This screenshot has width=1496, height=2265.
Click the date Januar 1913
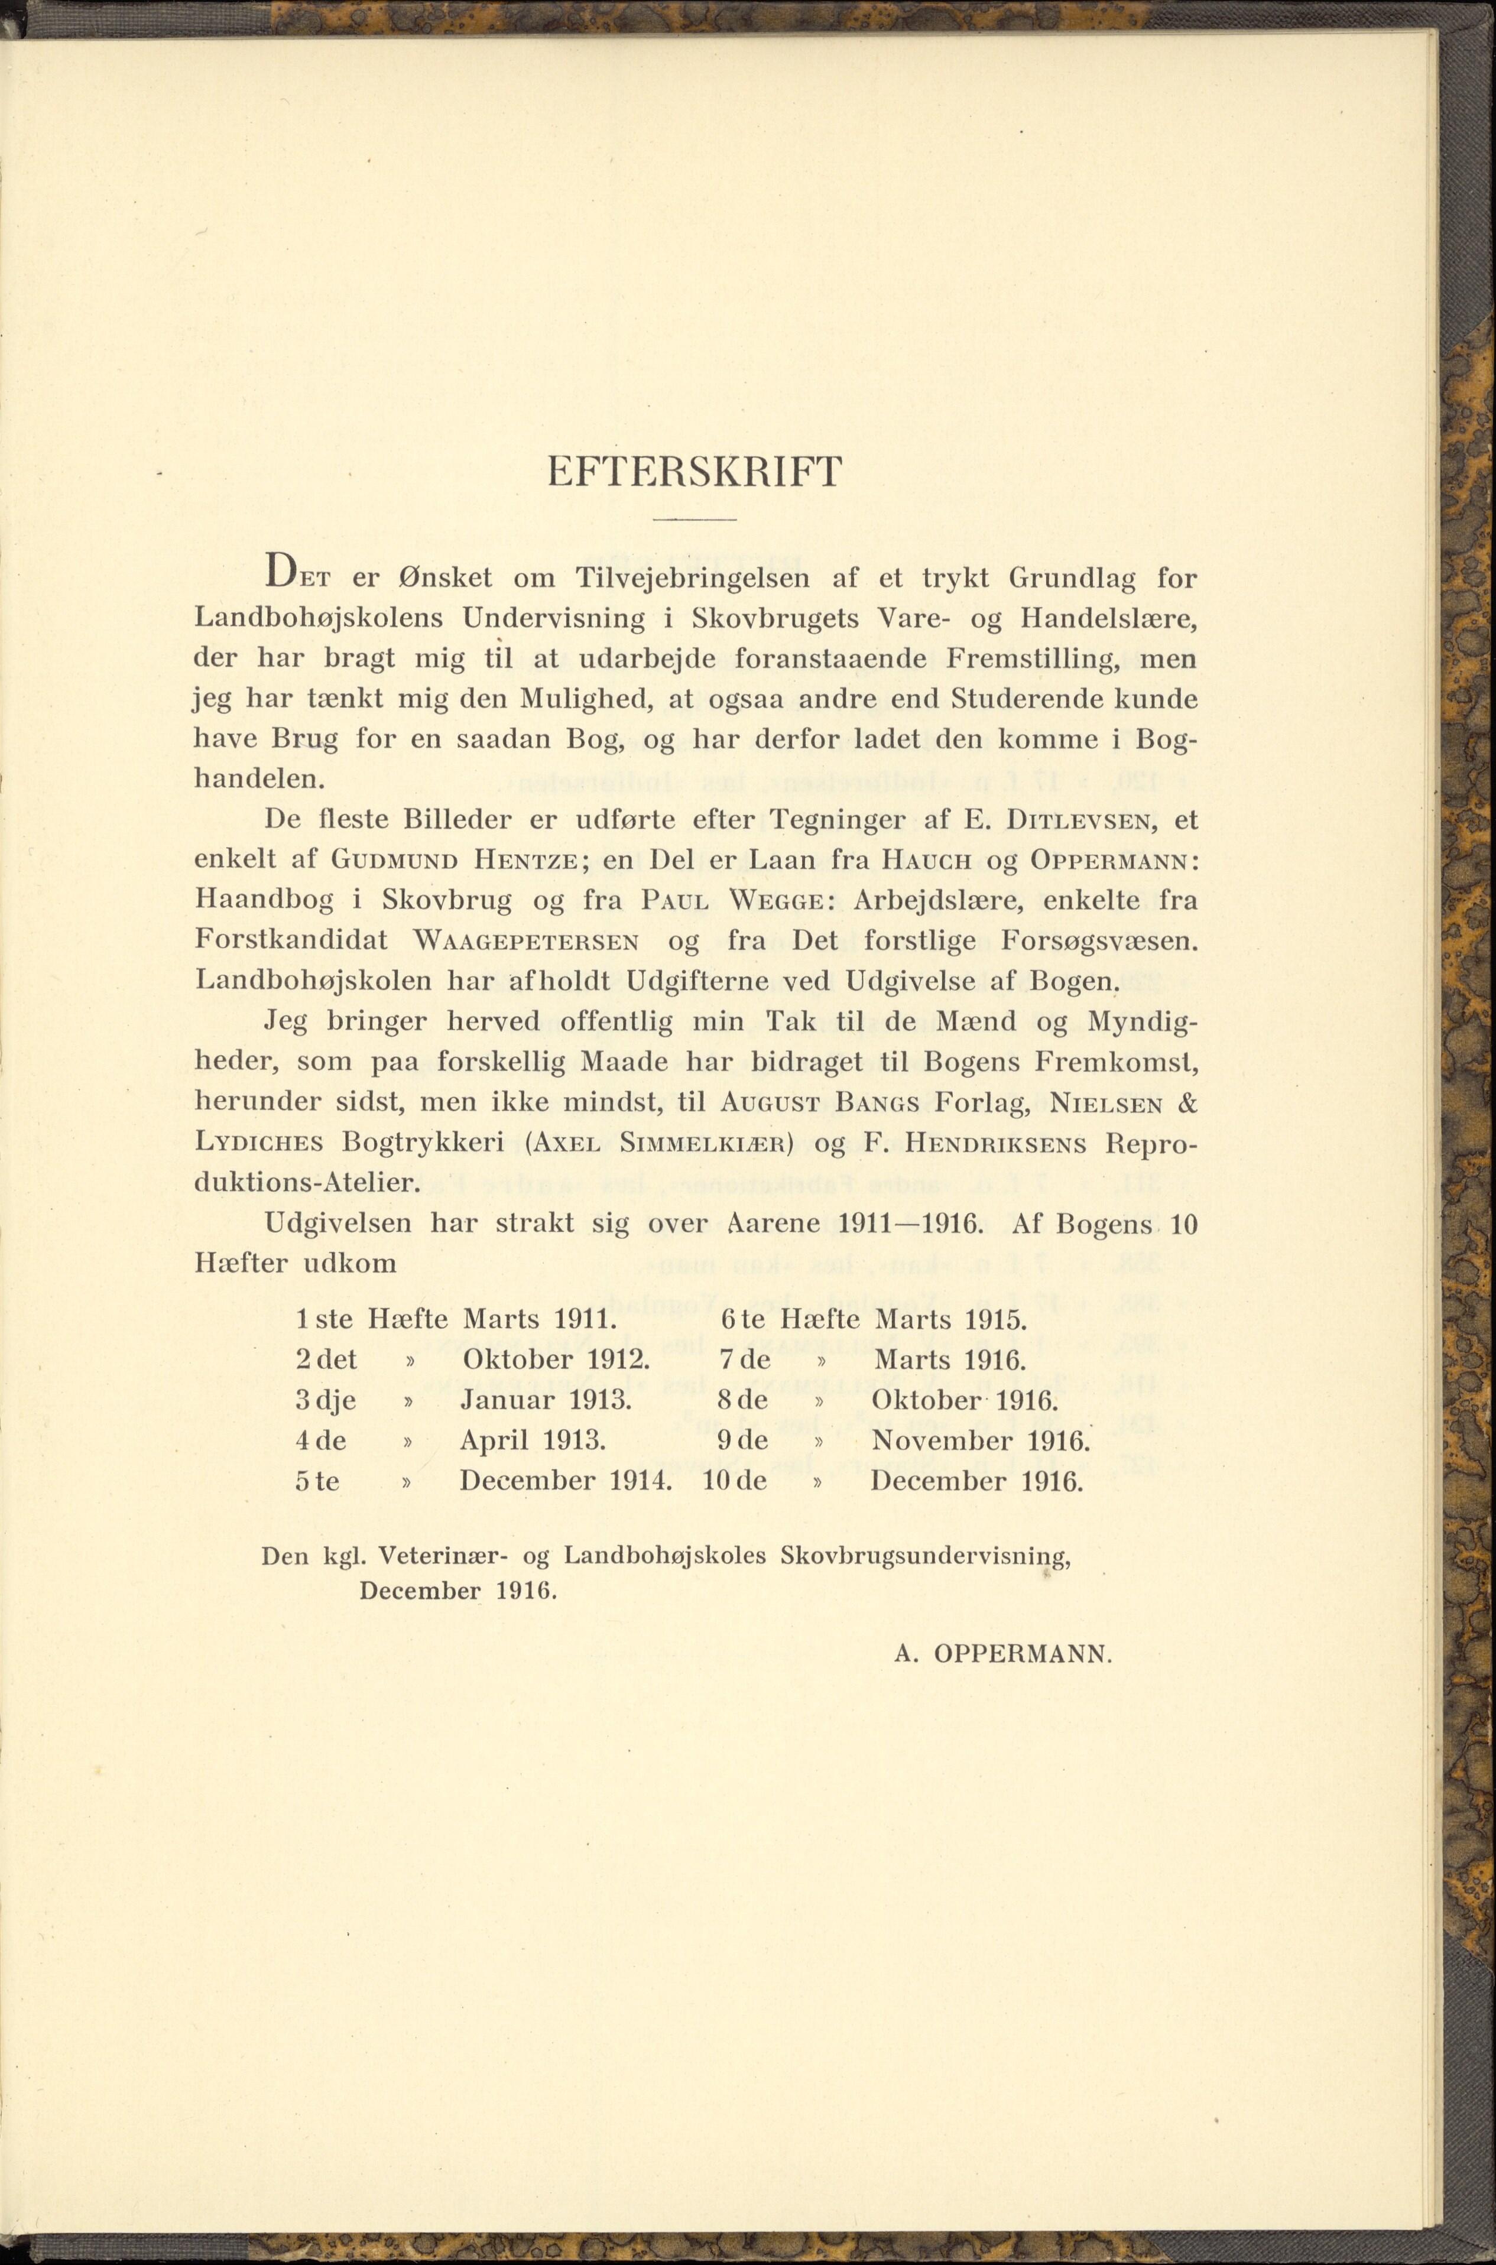pos(545,1401)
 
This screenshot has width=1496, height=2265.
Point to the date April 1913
pos(533,1440)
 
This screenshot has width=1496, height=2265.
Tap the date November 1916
pos(980,1440)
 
